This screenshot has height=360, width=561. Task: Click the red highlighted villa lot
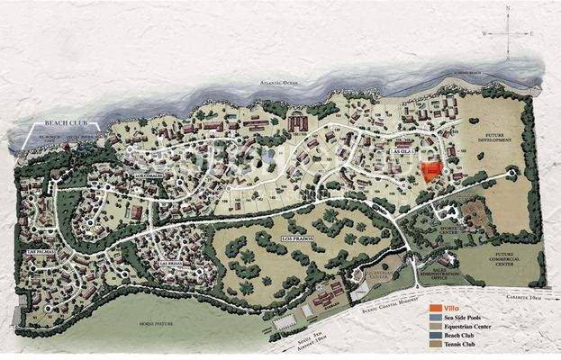(x=433, y=171)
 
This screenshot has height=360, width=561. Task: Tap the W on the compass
(x=484, y=32)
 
